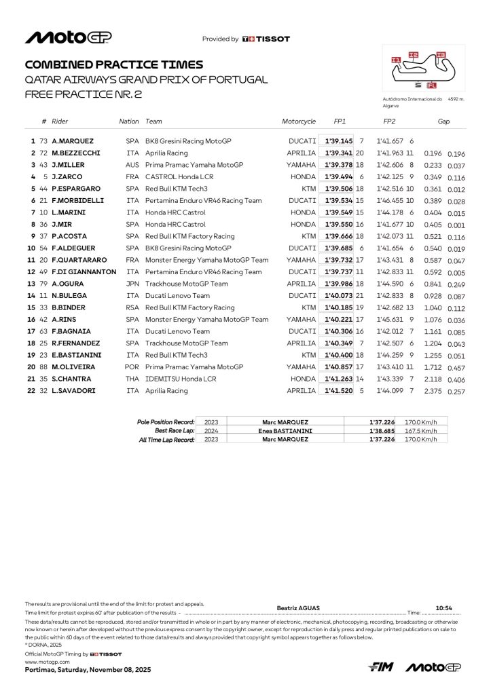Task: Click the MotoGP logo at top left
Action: pos(68,38)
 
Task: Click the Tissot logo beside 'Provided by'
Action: pos(266,39)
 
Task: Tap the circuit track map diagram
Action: pos(423,67)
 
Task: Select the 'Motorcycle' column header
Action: pos(299,121)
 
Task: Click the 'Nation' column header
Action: pos(128,121)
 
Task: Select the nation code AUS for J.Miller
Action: pos(132,165)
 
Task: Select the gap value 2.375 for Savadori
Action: pos(432,390)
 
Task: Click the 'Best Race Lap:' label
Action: pos(175,430)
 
